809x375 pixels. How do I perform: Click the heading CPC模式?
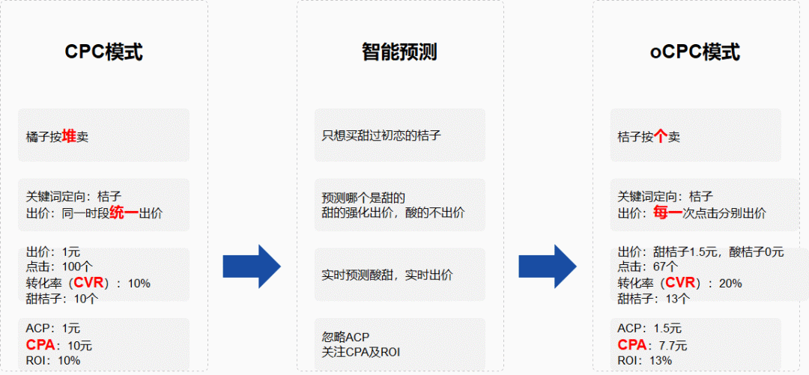point(103,52)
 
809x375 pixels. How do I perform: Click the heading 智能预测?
point(399,52)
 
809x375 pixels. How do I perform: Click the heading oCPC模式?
point(694,52)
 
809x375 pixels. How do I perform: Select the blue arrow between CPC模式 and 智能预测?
point(252,266)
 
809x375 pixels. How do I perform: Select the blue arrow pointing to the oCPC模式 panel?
point(548,266)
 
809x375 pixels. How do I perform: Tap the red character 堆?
point(69,136)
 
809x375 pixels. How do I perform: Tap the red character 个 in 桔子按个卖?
point(660,137)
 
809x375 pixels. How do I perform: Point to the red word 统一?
point(124,213)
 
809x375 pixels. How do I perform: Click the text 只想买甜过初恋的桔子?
point(381,136)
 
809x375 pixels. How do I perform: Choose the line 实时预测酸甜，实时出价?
point(387,275)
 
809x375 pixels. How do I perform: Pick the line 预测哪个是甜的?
point(363,198)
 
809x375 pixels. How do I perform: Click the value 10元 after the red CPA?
point(79,346)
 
